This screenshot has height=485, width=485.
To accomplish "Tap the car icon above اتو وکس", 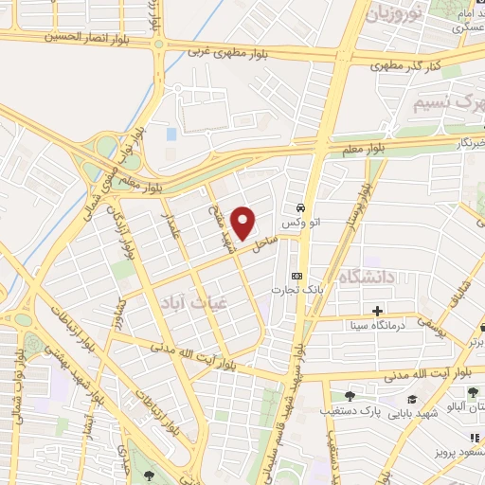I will [x=300, y=207].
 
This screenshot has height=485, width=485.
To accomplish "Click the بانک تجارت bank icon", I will [x=296, y=276].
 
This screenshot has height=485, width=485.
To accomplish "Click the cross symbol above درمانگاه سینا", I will [x=377, y=311].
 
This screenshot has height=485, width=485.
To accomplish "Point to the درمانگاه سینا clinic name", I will [x=377, y=327].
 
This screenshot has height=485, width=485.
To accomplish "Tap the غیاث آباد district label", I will [x=165, y=301].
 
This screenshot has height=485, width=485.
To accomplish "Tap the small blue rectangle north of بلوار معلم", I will [x=171, y=134].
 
